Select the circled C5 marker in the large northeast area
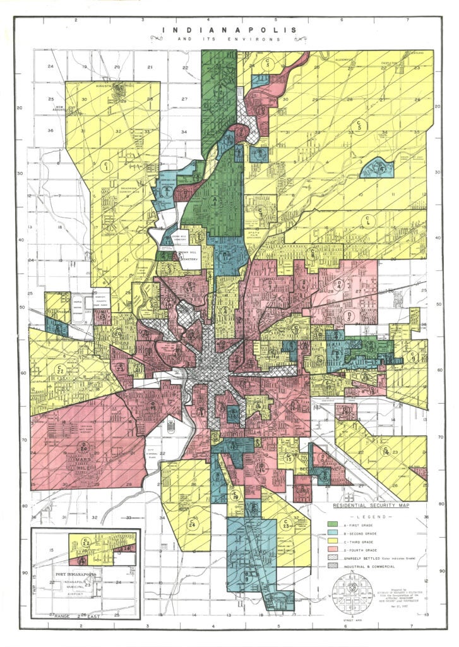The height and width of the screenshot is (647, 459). point(360,124)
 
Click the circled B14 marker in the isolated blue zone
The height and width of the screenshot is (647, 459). point(380,167)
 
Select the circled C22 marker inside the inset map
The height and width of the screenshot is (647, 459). point(85,542)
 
